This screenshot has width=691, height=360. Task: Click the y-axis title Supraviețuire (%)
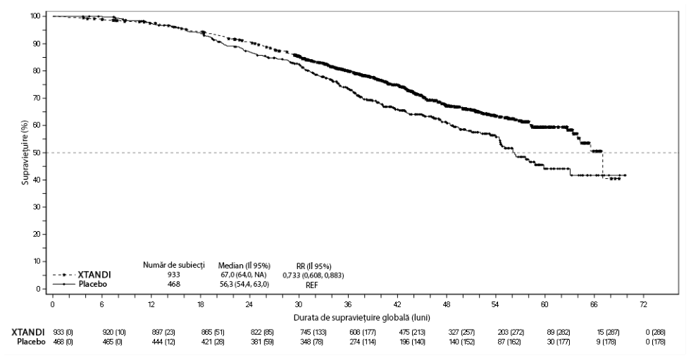pos(26,151)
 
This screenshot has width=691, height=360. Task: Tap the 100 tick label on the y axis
pos(35,16)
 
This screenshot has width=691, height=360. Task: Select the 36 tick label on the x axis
pos(348,304)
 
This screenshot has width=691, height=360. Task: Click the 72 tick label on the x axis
pos(643,304)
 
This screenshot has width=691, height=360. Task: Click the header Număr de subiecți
pos(174,266)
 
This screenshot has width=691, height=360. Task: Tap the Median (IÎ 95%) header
pos(244,266)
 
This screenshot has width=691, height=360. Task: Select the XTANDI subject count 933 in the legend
pos(174,275)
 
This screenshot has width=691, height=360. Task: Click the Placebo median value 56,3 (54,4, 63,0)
pos(244,285)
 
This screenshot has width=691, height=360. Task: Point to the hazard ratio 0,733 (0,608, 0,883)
pos(313,275)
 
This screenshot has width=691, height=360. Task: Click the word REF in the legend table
pos(311,285)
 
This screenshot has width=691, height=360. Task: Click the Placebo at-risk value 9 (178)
pos(605,342)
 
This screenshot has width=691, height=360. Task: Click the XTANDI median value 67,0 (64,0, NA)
pos(244,275)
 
